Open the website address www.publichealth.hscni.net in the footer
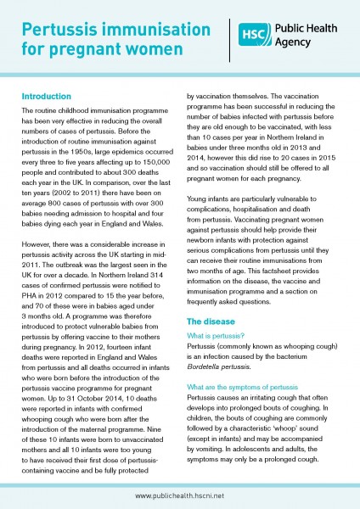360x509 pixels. coord(180,493)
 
